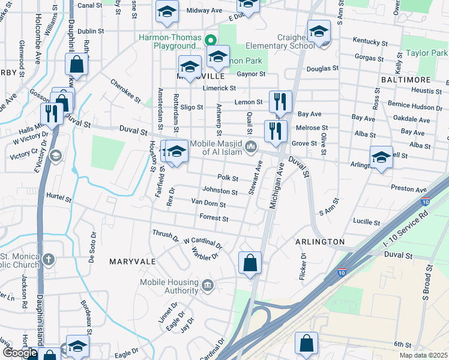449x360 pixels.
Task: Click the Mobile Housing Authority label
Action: click(x=169, y=286)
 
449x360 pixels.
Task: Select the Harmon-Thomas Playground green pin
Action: click(x=210, y=41)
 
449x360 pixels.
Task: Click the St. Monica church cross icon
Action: click(x=49, y=260)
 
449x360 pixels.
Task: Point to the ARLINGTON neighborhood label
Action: click(x=320, y=242)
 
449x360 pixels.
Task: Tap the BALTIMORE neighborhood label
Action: click(x=405, y=80)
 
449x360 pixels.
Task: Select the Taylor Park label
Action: click(x=426, y=53)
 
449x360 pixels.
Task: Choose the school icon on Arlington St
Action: click(x=381, y=158)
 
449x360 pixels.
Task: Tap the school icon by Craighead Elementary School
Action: click(x=319, y=31)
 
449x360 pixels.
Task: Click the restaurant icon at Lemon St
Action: click(x=280, y=102)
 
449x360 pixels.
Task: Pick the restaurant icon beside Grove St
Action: click(x=276, y=131)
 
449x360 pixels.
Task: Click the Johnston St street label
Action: click(x=220, y=191)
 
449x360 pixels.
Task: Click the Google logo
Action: click(x=20, y=353)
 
